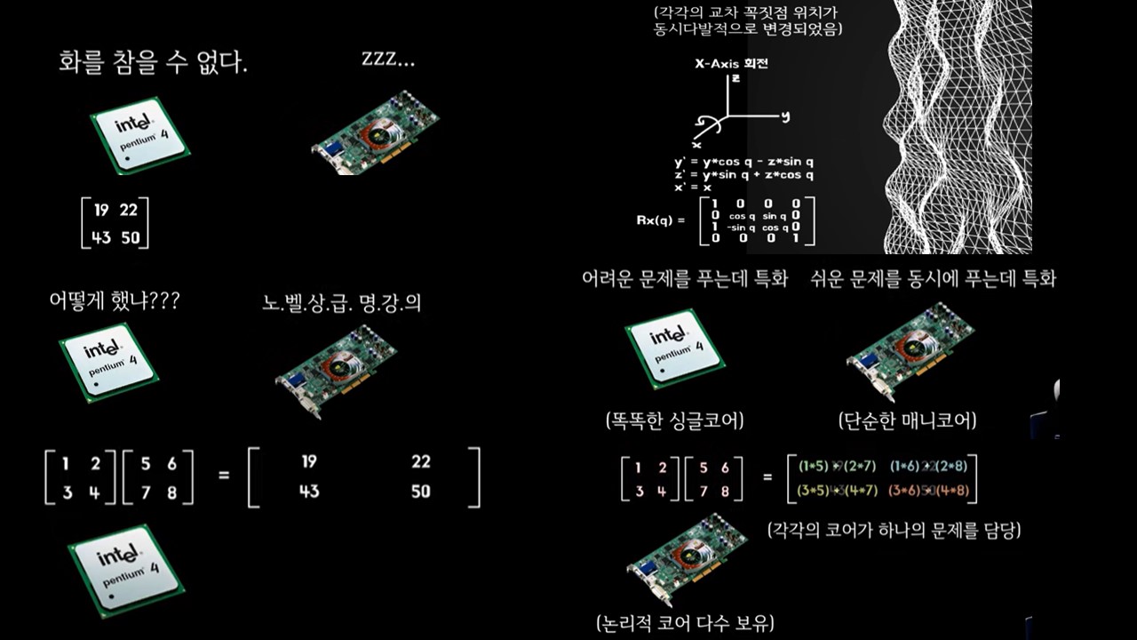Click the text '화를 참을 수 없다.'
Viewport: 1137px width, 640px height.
tap(153, 63)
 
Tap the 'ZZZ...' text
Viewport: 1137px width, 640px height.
tap(388, 60)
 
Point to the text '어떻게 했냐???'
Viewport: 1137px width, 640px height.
tap(114, 301)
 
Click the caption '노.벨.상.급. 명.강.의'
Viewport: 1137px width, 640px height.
tap(342, 303)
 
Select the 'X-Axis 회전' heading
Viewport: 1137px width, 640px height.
tap(731, 64)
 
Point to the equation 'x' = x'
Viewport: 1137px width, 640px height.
tap(694, 188)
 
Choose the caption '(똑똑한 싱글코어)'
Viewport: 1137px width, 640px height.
tap(674, 420)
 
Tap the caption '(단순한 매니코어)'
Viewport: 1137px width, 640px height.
tap(906, 420)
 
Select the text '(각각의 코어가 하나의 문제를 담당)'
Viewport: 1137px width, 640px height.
tap(894, 531)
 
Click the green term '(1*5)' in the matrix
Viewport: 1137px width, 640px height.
tap(815, 465)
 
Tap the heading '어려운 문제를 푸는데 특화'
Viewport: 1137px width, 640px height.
tap(684, 279)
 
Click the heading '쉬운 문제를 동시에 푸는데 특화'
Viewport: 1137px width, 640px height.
tap(933, 279)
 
